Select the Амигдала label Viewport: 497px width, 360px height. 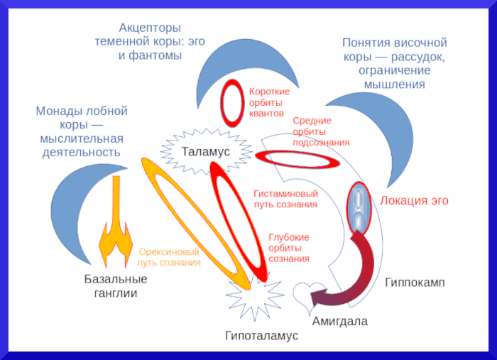340,321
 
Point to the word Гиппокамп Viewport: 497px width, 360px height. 415,282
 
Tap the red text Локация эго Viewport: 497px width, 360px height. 415,201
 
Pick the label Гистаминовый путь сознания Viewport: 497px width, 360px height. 285,199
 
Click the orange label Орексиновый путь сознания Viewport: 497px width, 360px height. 169,257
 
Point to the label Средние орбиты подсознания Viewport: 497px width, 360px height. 321,131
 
